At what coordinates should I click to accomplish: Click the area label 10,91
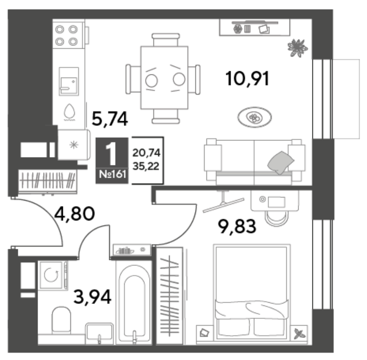[247, 79]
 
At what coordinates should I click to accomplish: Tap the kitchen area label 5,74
[110, 119]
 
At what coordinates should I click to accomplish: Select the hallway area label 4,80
[74, 214]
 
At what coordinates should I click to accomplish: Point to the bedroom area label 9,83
[237, 226]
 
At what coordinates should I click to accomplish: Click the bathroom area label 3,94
[92, 297]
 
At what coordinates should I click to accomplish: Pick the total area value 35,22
[146, 166]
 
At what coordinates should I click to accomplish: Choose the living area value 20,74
[146, 153]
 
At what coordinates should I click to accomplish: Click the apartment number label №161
[112, 174]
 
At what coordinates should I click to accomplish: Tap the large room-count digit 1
[111, 153]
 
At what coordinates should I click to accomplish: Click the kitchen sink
[68, 81]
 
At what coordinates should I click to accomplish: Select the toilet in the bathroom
[61, 320]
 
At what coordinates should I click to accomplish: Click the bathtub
[134, 303]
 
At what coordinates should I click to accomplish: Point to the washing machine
[53, 276]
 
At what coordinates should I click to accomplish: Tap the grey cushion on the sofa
[281, 162]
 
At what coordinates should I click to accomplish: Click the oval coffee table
[255, 117]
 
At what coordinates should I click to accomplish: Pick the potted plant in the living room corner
[297, 48]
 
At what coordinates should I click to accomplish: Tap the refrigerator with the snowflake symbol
[74, 145]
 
